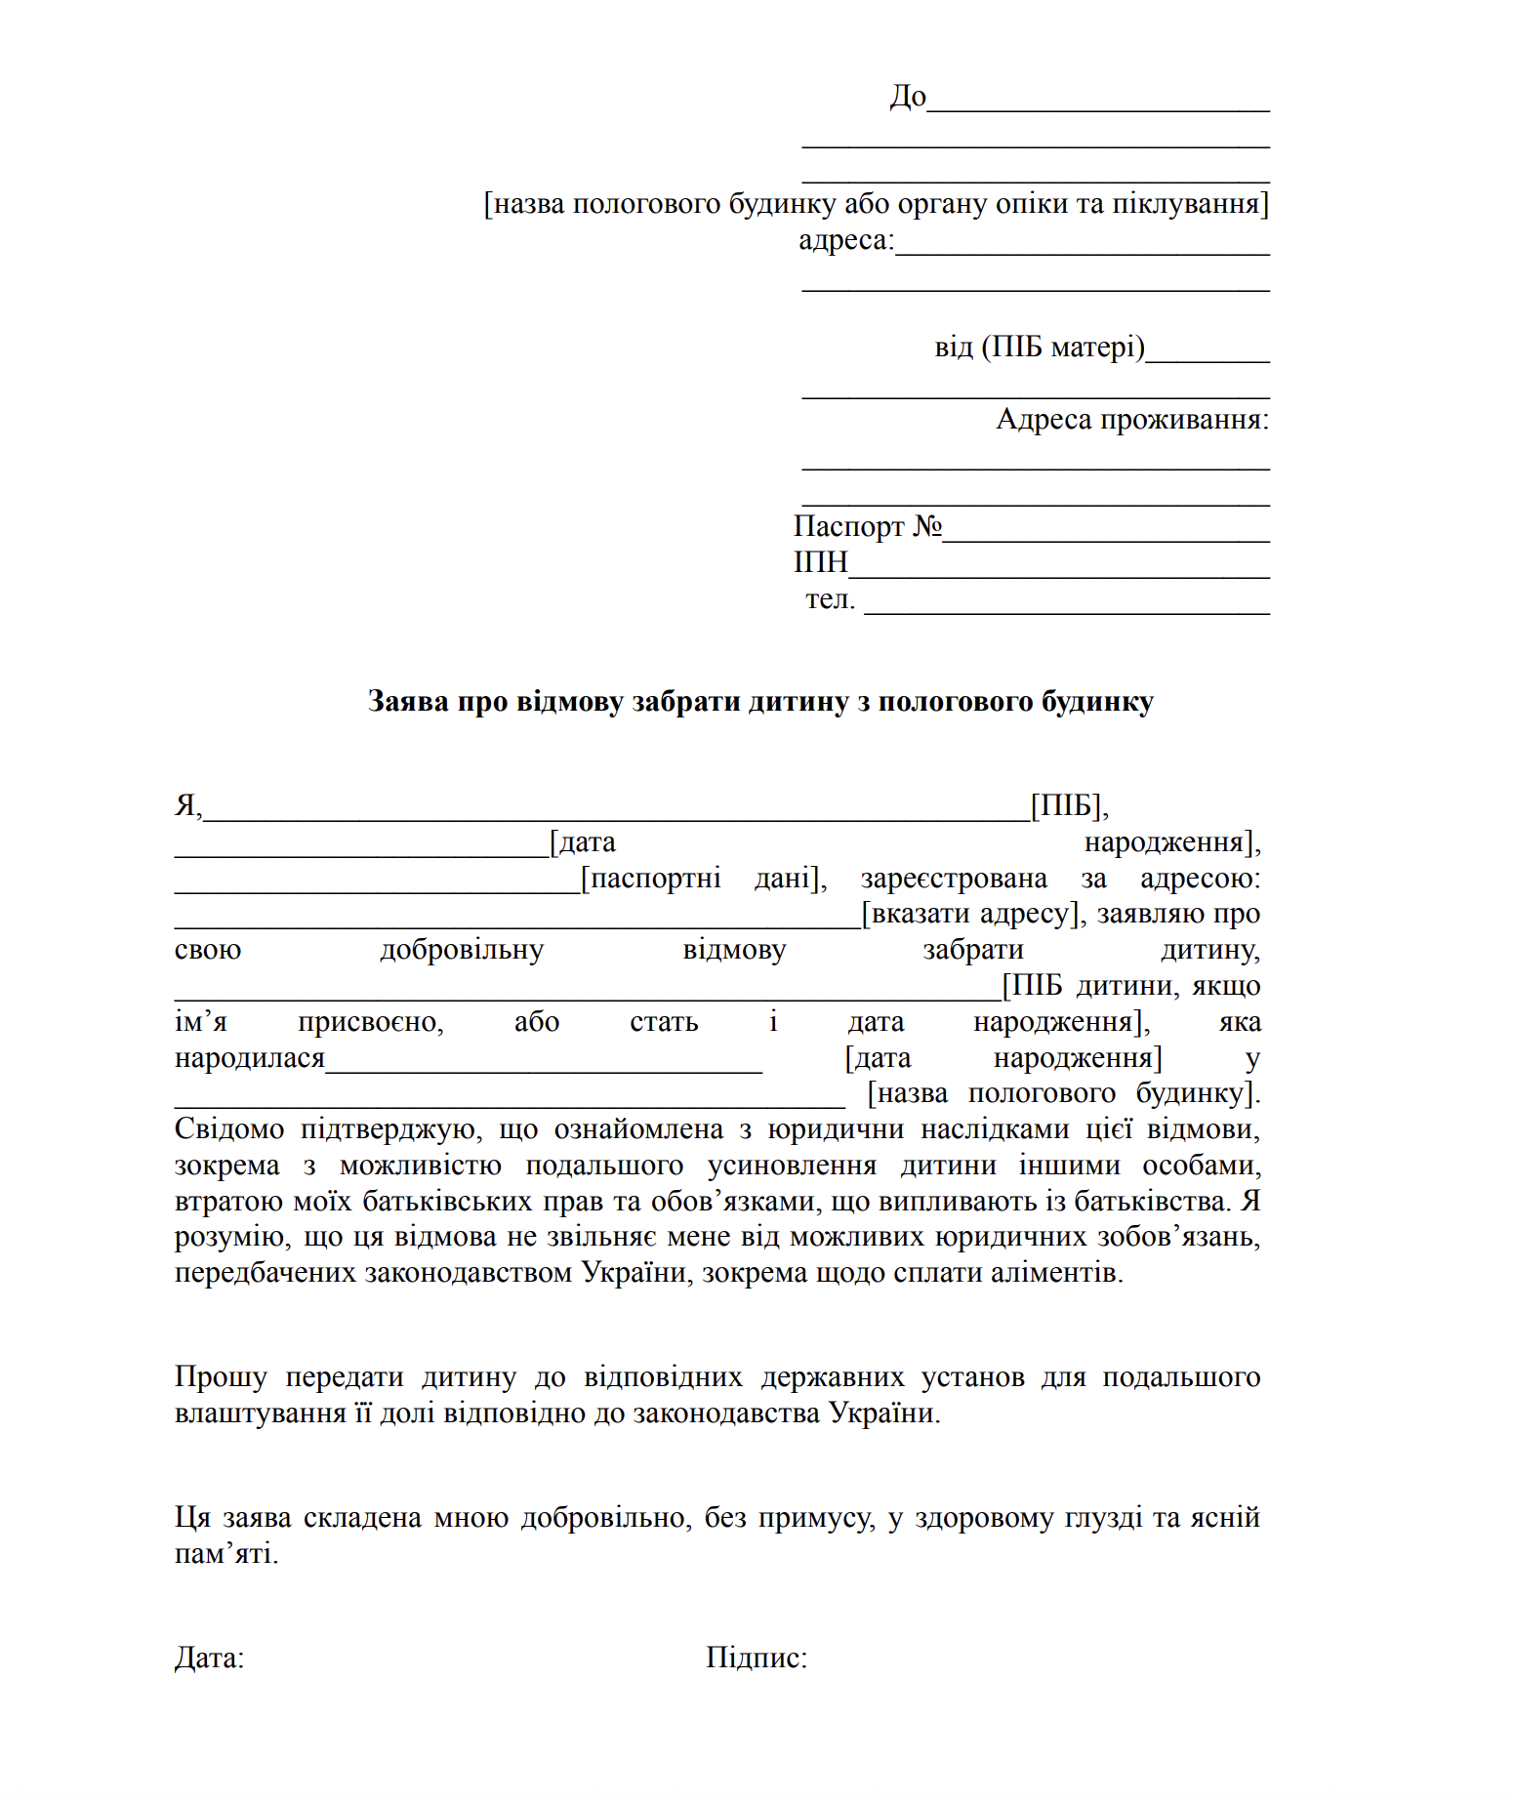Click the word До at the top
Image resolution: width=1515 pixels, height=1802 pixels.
tap(907, 97)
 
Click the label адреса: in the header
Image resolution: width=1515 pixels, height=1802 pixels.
tap(845, 240)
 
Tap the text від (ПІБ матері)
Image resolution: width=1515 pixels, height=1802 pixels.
tap(1039, 348)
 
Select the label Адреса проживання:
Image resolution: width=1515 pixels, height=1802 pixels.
tap(1132, 420)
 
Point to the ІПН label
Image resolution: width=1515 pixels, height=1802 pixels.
tap(820, 563)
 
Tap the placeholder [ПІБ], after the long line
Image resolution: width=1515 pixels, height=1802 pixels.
tap(1070, 806)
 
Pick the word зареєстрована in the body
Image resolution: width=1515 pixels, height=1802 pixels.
tap(953, 879)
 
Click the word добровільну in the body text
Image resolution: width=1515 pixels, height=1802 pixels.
tap(461, 950)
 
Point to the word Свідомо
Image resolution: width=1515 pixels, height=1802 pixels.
tap(229, 1129)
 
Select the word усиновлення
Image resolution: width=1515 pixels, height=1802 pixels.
tap(792, 1166)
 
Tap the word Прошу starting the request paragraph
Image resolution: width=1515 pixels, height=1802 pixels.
tap(221, 1377)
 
